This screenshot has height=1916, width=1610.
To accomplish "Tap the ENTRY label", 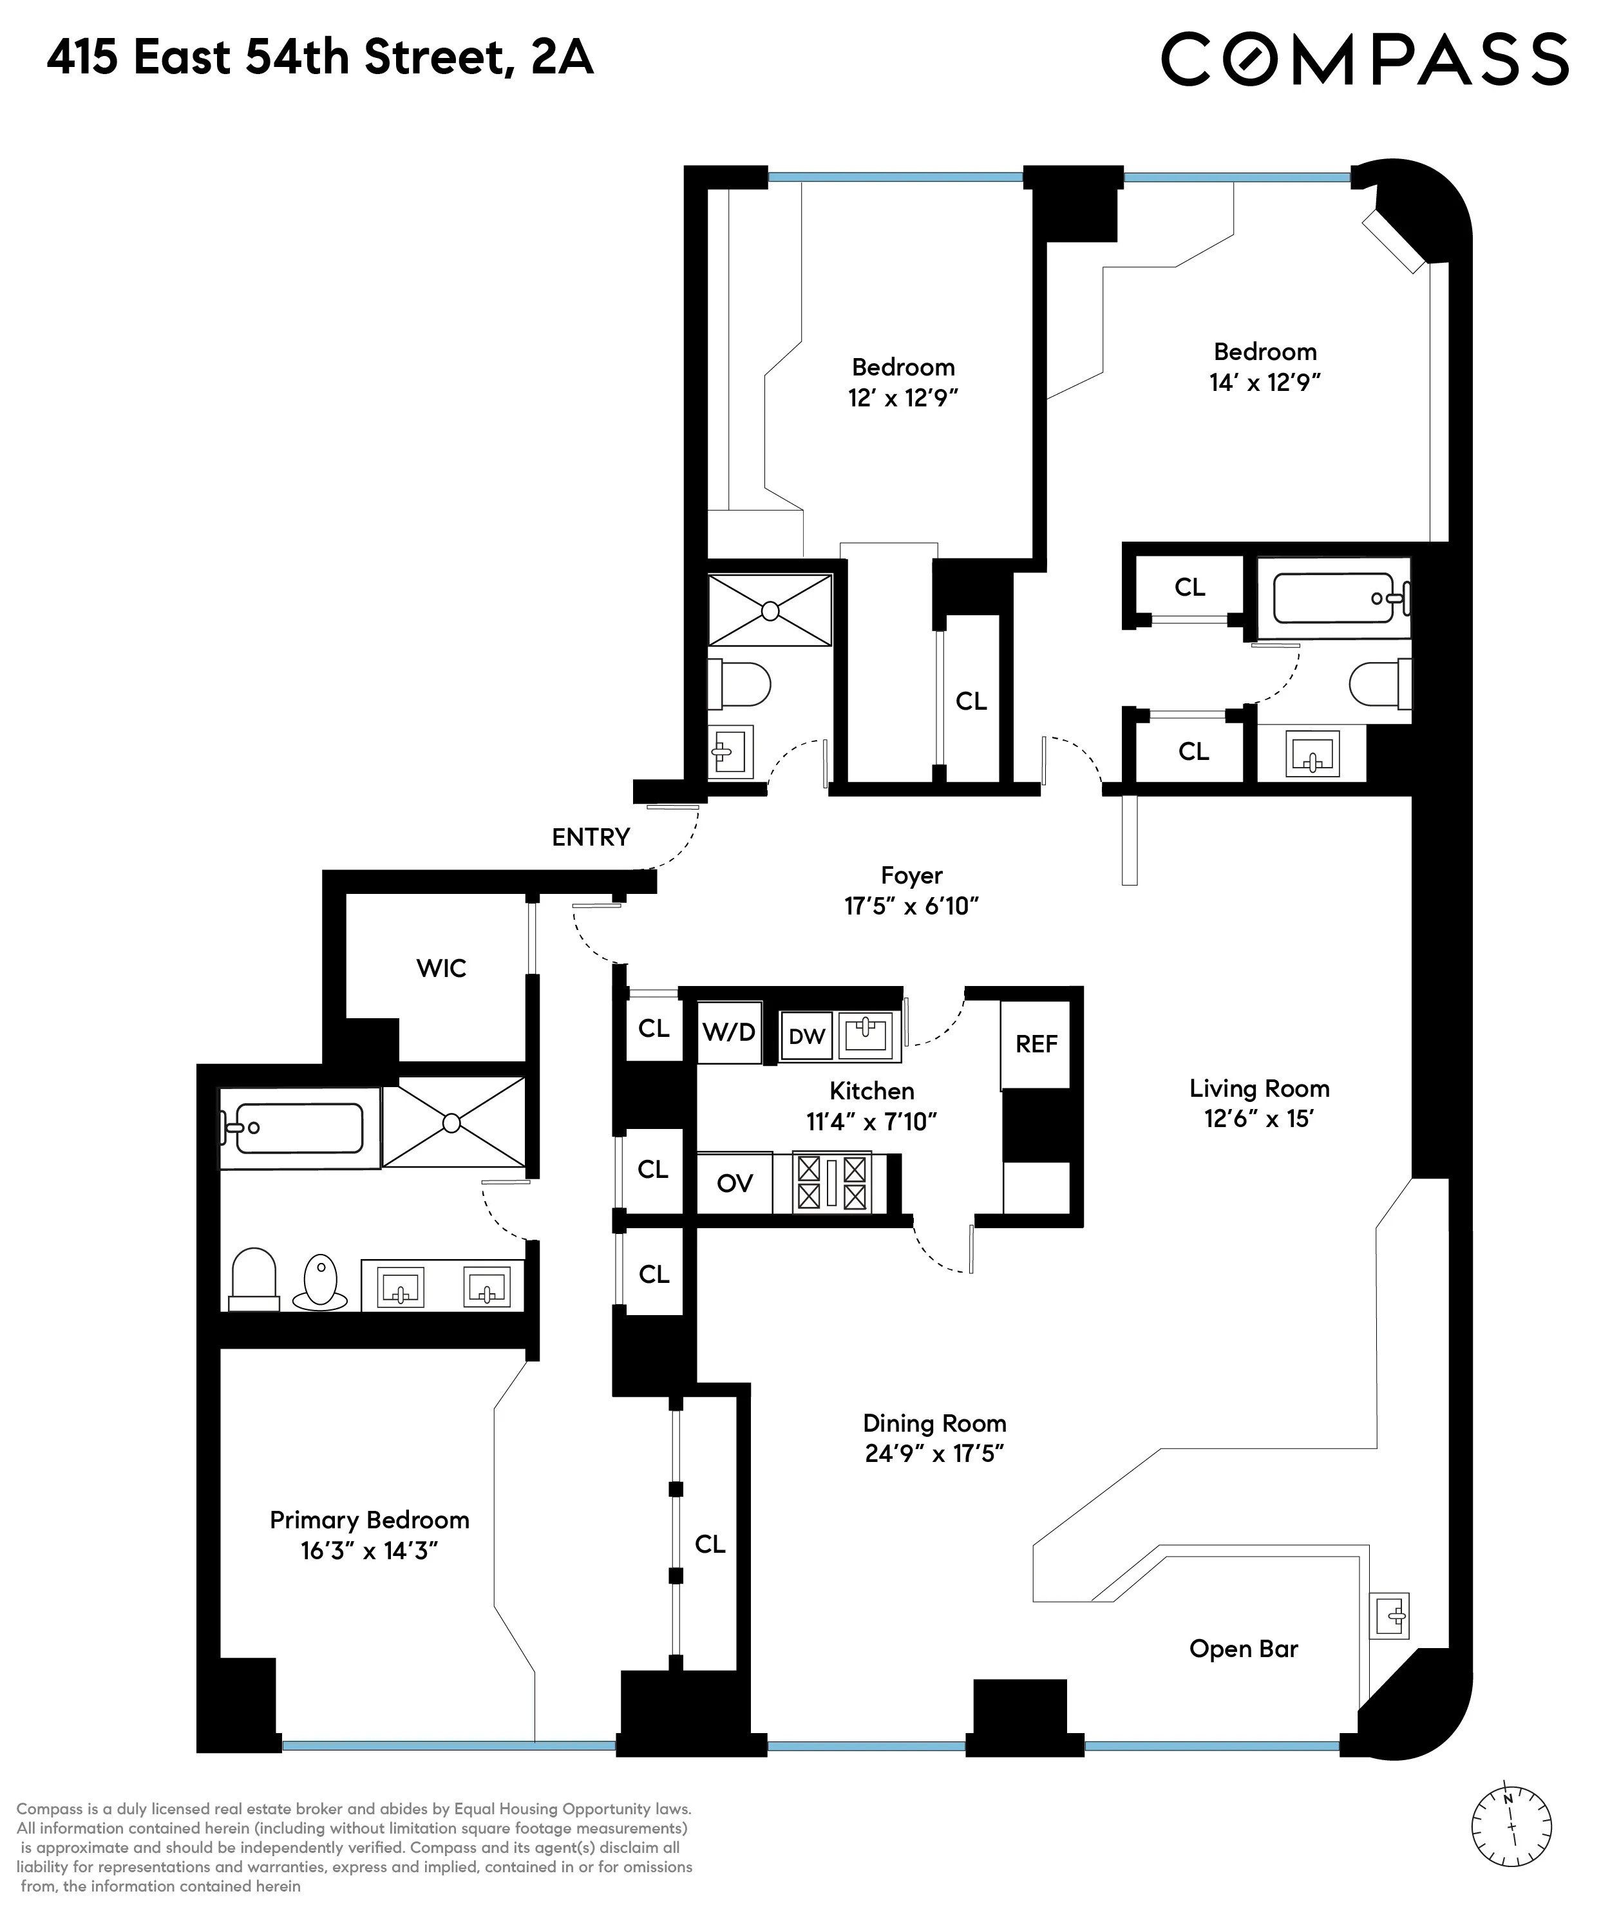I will click(591, 837).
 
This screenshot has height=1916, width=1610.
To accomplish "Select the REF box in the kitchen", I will click(1036, 1044).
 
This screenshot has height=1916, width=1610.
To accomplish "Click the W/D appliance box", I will click(728, 1032).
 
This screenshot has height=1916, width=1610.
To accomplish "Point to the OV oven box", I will click(735, 1184).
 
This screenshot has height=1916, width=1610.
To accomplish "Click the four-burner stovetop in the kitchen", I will click(831, 1183).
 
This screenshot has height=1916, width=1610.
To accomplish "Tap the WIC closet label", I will click(441, 969).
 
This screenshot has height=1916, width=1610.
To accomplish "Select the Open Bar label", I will click(1243, 1649).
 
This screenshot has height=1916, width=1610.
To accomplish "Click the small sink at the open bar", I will click(1390, 1617).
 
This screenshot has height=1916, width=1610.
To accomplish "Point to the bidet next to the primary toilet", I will click(320, 1282).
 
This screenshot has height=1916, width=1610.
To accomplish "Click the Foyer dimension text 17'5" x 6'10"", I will click(911, 906).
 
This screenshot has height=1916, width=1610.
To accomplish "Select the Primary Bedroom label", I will click(369, 1520).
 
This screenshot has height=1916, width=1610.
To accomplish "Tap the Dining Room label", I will click(934, 1423).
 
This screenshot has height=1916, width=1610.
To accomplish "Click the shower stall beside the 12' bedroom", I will click(770, 611).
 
